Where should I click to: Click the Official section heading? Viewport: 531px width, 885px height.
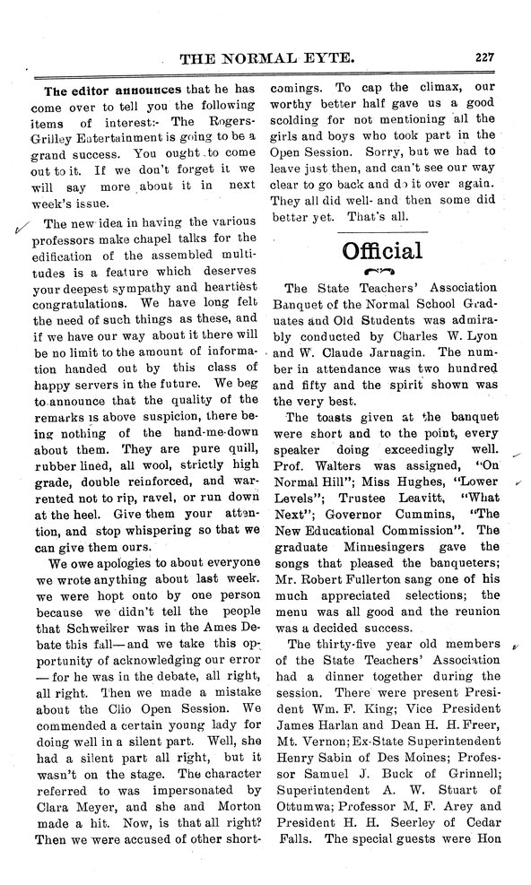point(382,250)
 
